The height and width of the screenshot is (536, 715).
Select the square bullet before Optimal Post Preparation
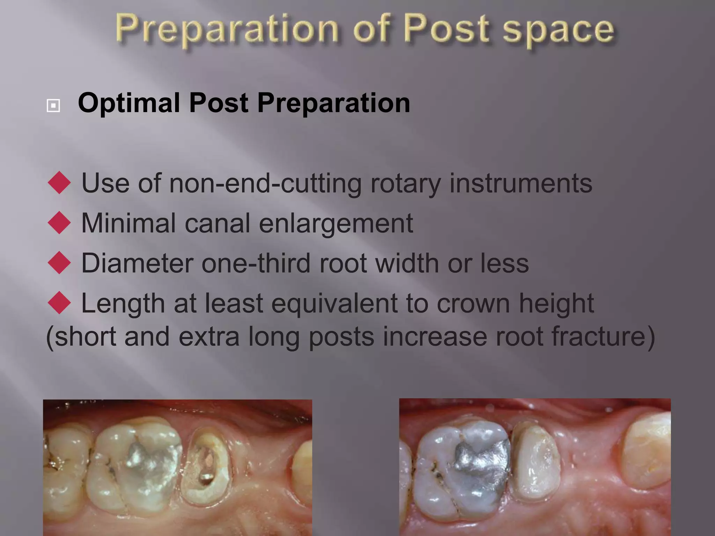coord(53,105)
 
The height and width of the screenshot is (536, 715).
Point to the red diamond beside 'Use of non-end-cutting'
coord(59,183)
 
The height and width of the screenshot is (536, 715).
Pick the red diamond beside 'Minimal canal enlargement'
coord(59,223)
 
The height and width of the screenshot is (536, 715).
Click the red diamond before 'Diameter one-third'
coord(59,262)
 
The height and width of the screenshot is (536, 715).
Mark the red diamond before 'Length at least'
coord(59,303)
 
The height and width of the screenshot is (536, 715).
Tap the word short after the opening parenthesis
coord(86,336)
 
